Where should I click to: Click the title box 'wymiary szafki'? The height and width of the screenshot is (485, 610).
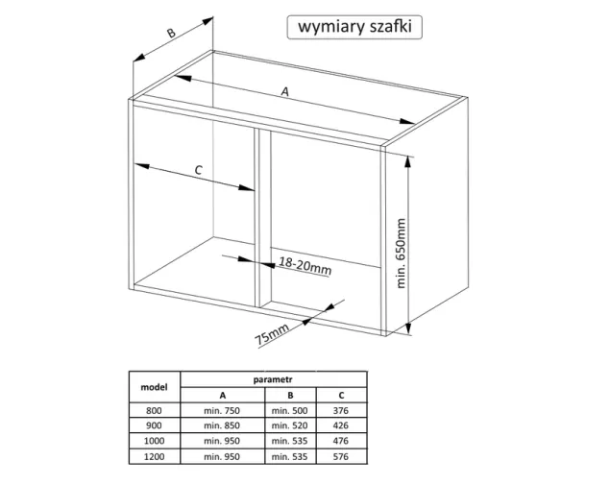[354, 27]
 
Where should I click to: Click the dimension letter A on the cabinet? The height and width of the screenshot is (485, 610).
[285, 92]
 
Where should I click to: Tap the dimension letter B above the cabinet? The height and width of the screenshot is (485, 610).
[171, 33]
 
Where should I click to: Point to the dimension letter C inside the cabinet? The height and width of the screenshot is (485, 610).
[199, 170]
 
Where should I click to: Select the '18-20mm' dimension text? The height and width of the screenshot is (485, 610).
[305, 266]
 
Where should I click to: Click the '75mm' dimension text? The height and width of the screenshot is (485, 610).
[272, 334]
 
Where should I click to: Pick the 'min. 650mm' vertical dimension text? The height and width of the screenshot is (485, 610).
[401, 254]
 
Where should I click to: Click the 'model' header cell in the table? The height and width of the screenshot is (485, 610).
[154, 387]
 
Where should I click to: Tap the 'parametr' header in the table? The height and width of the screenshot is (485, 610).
[273, 379]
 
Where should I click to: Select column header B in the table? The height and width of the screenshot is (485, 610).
[290, 396]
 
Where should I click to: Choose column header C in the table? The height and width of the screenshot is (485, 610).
[341, 396]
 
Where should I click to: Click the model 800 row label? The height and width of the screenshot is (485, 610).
[154, 411]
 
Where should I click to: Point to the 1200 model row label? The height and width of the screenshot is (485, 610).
[154, 456]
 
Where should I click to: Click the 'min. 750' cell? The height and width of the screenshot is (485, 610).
[222, 411]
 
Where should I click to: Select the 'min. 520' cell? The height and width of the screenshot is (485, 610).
[289, 425]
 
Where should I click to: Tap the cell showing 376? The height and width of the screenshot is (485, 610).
[341, 411]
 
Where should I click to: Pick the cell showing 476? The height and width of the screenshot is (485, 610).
[341, 441]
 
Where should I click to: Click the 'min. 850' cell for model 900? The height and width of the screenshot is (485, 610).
[222, 425]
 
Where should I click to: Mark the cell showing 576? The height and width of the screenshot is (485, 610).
[341, 456]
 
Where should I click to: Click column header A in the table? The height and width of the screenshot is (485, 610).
[223, 396]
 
